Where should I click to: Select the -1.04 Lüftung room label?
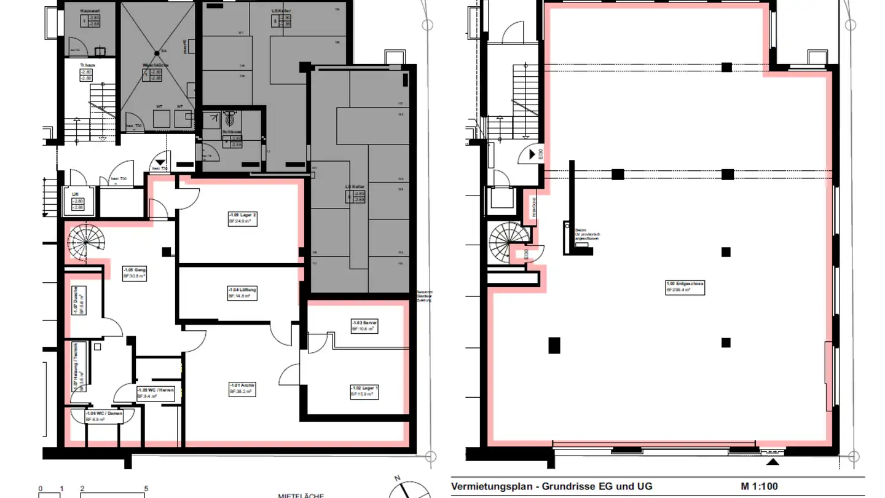242,293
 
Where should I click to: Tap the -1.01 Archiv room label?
242,388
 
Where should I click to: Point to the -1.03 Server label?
364,326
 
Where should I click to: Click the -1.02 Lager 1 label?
364,391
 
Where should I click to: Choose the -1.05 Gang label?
135,273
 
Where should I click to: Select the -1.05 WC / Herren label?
156,393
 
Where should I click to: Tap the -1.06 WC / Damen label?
104,416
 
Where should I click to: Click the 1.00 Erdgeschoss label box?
685,287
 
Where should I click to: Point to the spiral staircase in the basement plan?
85,241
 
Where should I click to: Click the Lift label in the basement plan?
76,194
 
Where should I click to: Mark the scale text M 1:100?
759,486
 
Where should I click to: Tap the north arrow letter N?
398,478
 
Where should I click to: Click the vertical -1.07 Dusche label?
76,302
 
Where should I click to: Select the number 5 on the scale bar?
146,489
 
